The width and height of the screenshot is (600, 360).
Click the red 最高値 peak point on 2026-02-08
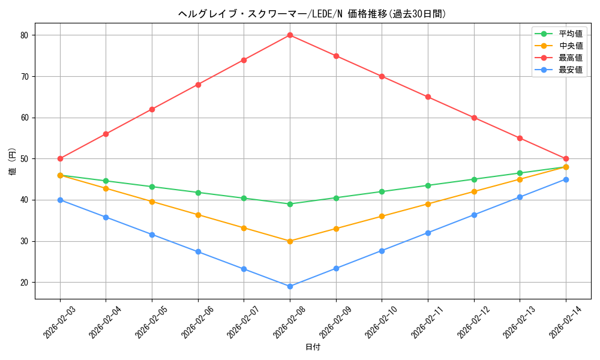[x=290, y=35]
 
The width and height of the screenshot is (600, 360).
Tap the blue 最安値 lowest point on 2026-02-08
[x=290, y=286]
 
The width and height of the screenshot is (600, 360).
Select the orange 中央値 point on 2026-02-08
[x=290, y=241]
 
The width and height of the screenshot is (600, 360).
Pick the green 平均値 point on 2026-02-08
[x=290, y=204]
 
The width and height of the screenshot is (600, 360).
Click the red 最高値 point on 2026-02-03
[x=60, y=158]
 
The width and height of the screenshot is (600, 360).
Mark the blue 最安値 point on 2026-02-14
[x=566, y=179]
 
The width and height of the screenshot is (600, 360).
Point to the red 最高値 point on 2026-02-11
[x=428, y=97]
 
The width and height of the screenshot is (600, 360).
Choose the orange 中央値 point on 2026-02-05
[x=152, y=202]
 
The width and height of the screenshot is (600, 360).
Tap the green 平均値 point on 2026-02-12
[x=474, y=179]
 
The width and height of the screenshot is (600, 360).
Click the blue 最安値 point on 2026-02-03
[x=60, y=200]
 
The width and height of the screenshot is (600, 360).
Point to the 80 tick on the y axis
[x=24, y=35]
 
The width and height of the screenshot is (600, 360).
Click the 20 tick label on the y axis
[x=24, y=283]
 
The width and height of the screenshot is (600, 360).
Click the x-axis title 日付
[x=313, y=347]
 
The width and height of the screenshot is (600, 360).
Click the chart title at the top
[x=313, y=14]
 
